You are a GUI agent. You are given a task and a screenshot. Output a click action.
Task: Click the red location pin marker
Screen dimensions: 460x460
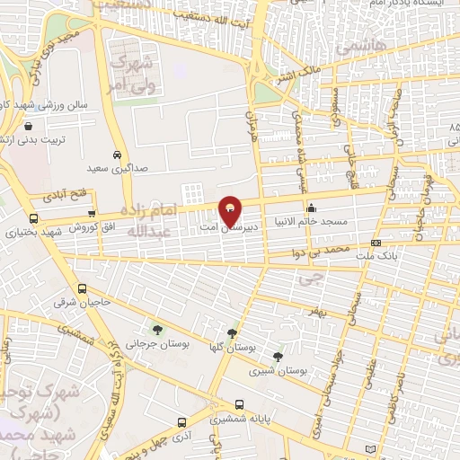(x=230, y=209)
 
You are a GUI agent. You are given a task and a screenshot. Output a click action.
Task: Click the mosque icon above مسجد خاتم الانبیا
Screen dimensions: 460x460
(x=312, y=210)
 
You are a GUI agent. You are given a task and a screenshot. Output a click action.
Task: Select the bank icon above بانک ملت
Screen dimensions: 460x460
(x=375, y=243)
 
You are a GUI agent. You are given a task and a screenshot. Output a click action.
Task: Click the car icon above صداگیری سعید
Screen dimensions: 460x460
(x=117, y=155)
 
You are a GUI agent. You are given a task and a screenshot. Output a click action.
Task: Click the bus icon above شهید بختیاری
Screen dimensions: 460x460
(x=34, y=218)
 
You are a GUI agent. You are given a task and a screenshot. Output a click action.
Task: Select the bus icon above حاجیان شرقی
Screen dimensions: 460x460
(x=82, y=289)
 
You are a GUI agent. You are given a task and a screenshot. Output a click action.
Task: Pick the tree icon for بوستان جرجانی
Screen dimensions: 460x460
(x=158, y=330)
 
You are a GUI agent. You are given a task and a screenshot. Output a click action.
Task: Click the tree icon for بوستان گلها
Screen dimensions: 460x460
(x=233, y=333)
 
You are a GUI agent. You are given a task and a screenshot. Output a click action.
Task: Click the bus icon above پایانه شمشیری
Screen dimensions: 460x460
(x=239, y=405)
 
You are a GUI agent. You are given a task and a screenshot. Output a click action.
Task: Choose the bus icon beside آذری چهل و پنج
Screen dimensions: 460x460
(x=182, y=422)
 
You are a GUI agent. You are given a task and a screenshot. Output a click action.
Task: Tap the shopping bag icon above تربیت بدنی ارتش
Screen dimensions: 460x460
(x=32, y=127)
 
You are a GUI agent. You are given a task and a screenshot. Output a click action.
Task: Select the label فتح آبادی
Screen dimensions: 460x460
(x=65, y=193)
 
